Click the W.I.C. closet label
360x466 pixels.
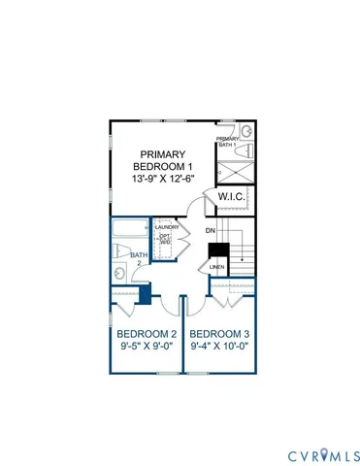pyautogui.click(x=232, y=196)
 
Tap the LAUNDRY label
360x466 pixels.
pyautogui.click(x=167, y=227)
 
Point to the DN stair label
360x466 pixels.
pyautogui.click(x=210, y=230)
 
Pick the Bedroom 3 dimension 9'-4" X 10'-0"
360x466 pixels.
pyautogui.click(x=221, y=344)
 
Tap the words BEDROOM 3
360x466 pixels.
pyautogui.click(x=221, y=331)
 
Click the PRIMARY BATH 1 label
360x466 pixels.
pyautogui.click(x=227, y=142)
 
